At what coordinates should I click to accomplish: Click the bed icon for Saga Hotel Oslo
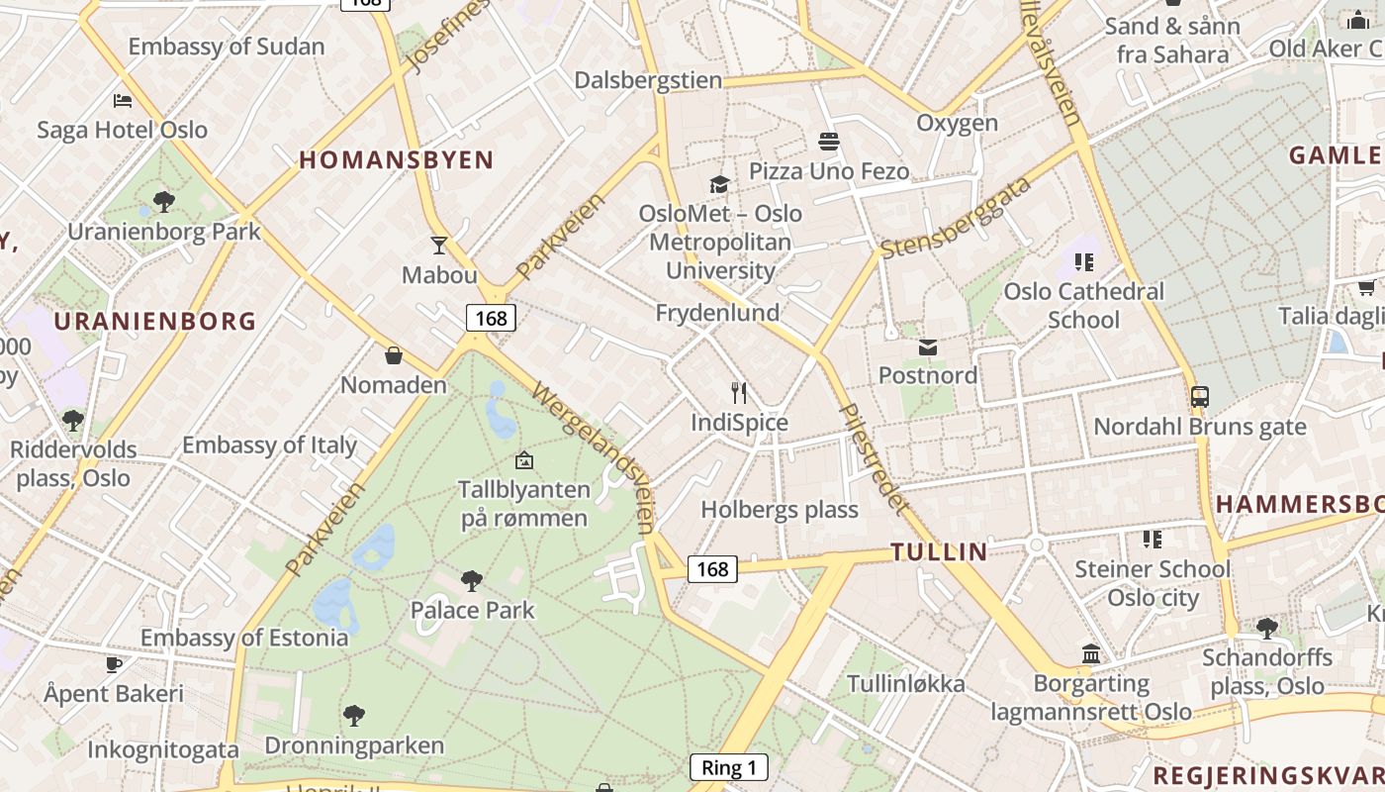[123, 101]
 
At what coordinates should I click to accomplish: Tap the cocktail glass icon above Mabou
[439, 245]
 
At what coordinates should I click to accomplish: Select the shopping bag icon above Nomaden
[394, 354]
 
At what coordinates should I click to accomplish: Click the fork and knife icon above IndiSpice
[739, 392]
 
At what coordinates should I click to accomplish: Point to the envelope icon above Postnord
[928, 346]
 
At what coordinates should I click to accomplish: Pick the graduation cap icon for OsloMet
[719, 184]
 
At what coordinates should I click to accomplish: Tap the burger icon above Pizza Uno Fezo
[829, 142]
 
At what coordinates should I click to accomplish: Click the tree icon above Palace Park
[472, 580]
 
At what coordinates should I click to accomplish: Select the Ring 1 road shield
[728, 767]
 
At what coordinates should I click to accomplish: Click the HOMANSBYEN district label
[397, 159]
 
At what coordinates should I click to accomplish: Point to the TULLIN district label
[939, 551]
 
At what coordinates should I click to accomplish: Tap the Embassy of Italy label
[269, 445]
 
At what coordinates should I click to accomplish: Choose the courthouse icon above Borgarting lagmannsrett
[1091, 653]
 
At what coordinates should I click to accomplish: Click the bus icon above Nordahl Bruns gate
[1199, 397]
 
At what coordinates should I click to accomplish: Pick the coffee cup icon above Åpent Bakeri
[114, 664]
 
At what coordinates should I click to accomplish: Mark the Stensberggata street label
[955, 218]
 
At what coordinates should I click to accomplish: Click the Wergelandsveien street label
[595, 454]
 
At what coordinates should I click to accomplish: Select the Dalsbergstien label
[648, 80]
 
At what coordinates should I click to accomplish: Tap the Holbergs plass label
[780, 510]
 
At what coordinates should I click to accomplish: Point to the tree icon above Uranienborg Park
[164, 202]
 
